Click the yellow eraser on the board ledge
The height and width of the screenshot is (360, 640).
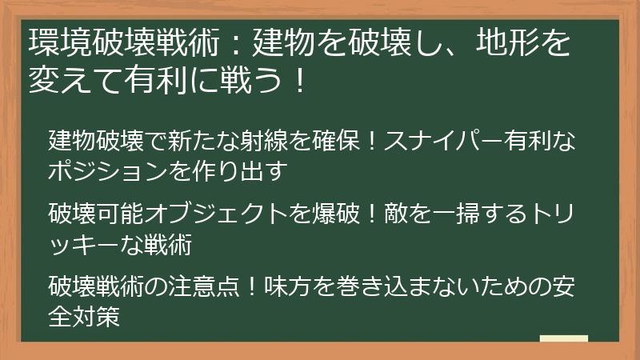(563, 340)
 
